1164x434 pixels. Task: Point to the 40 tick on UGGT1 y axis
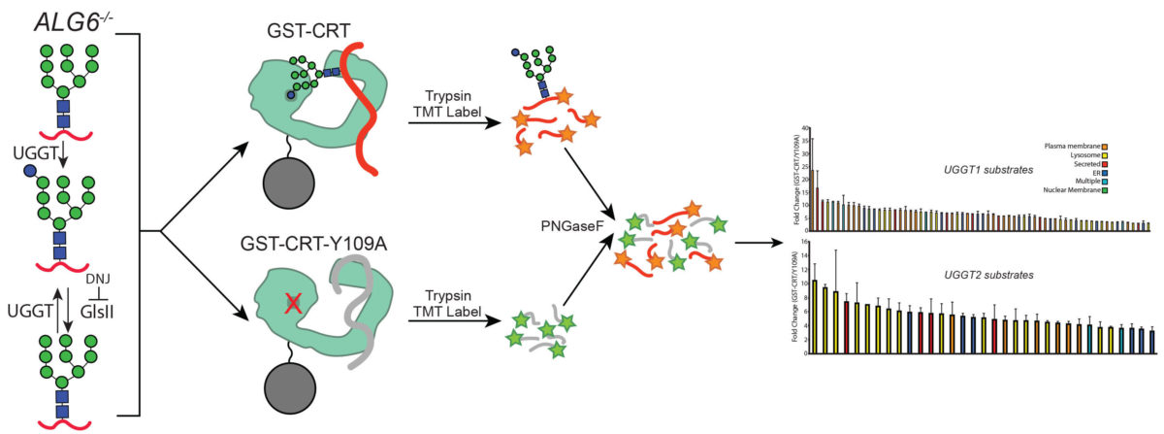tap(804, 129)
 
